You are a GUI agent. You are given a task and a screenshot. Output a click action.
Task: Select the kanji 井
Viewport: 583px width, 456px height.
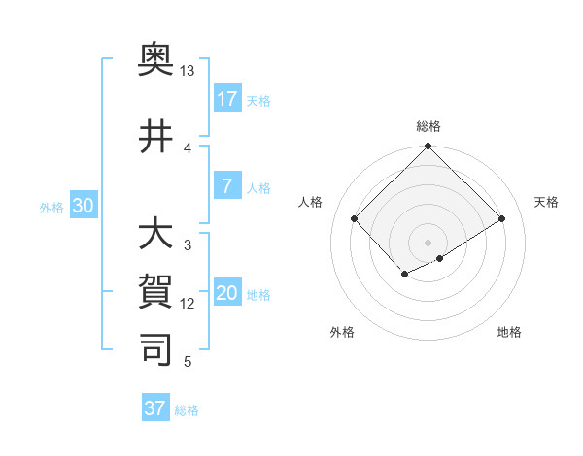155,137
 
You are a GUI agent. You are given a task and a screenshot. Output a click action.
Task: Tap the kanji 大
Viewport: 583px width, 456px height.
155,236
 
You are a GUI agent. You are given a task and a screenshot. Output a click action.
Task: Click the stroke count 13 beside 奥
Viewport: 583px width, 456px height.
188,72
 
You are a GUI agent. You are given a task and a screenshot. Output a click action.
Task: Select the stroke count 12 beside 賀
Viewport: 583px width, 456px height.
188,304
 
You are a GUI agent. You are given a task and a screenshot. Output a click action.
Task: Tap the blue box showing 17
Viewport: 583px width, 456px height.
226,98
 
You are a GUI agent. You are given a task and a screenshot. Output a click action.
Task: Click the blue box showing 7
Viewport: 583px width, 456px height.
226,186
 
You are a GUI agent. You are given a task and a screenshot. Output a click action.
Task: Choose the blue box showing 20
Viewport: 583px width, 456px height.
226,294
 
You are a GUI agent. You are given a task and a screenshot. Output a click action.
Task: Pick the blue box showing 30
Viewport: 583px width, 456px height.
83,205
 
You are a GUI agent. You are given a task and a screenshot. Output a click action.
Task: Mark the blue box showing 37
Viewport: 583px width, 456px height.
154,408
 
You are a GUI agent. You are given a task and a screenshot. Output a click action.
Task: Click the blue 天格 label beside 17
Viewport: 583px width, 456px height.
258,100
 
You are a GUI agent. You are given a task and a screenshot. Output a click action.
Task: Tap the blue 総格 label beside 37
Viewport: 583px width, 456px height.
187,410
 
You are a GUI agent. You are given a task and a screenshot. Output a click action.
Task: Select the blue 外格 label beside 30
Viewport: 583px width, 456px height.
51,207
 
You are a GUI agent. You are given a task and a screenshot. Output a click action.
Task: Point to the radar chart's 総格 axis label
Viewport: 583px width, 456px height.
428,126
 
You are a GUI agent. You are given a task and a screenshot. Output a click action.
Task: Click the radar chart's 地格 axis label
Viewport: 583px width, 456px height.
509,332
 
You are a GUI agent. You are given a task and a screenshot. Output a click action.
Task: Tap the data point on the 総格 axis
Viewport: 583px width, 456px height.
428,147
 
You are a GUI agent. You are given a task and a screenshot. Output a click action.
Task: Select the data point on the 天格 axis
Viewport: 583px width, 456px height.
501,219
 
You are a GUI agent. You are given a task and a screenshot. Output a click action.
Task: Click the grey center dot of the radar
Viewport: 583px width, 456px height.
428,243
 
